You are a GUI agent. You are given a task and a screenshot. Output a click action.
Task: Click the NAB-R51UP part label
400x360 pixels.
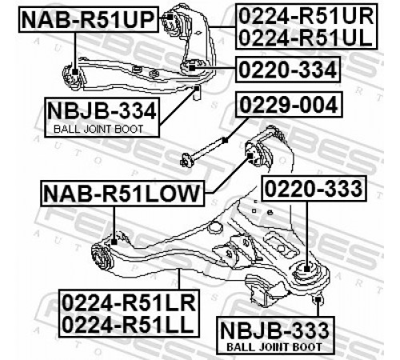(x=89, y=20)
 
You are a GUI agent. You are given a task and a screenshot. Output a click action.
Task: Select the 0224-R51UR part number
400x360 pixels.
(x=306, y=17)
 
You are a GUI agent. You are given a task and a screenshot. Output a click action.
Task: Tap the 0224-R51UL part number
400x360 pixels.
(x=306, y=38)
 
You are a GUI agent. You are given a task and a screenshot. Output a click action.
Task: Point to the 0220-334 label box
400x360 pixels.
(x=288, y=70)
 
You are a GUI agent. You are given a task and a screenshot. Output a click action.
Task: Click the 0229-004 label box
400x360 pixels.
(x=289, y=105)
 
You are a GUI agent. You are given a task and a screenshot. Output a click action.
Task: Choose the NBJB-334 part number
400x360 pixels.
(x=102, y=111)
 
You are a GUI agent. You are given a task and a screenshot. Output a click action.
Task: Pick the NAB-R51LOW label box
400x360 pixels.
(x=122, y=194)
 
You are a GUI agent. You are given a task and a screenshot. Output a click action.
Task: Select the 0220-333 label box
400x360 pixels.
(x=314, y=189)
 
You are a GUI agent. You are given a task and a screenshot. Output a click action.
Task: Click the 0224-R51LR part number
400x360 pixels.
(x=130, y=303)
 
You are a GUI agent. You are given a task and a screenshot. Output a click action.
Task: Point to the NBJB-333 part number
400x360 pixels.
(x=275, y=330)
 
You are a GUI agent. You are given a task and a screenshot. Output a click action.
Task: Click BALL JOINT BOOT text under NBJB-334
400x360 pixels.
(x=98, y=130)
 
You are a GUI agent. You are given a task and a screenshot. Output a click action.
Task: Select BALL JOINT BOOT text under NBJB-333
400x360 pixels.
(x=274, y=347)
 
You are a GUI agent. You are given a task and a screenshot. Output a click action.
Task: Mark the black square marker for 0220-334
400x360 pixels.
(x=192, y=67)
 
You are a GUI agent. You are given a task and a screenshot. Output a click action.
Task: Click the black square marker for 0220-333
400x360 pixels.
(x=307, y=268)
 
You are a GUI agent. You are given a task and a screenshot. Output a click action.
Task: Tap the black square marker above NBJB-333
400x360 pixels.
(x=318, y=299)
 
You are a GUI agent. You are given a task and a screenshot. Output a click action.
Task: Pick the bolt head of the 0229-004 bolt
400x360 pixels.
(x=186, y=161)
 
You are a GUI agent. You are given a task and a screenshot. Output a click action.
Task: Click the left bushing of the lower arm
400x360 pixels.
(x=102, y=257)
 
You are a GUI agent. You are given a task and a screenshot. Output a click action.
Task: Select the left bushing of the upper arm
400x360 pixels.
(x=71, y=76)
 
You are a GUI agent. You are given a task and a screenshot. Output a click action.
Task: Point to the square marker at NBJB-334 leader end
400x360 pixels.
(x=197, y=88)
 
